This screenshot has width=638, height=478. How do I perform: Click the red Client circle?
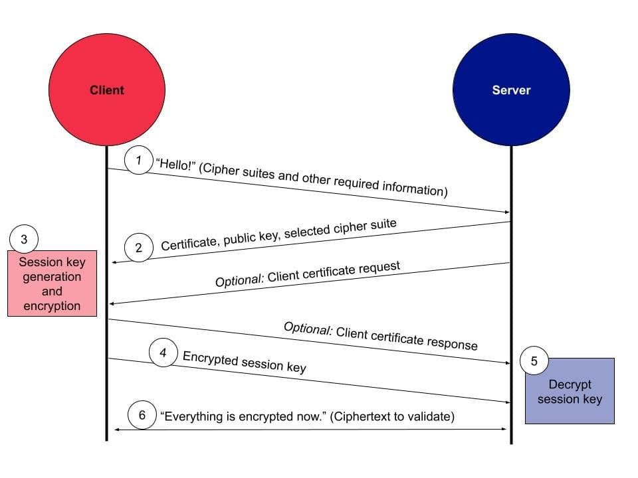coord(106,90)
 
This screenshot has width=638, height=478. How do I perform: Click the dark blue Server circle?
coord(511,90)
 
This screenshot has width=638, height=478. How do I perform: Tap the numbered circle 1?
coord(139,161)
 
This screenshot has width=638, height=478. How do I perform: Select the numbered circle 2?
coord(139,248)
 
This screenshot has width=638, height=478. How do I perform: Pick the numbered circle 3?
coord(25,240)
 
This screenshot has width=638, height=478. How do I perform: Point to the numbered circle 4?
coord(163,353)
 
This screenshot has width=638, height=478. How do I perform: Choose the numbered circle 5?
coord(534,362)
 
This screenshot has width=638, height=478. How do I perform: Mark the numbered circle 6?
coord(142,416)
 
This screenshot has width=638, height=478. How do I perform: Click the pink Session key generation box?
coord(52,283)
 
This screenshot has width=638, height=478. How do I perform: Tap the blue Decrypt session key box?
coord(570,391)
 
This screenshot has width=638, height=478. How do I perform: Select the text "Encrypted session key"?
coord(244,362)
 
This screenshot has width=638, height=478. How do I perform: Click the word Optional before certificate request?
coord(239,280)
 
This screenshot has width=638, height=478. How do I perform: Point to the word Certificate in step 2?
coord(189,244)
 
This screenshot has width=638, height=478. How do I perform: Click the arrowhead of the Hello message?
coord(506,211)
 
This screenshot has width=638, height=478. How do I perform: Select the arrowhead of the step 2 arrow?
coord(115,263)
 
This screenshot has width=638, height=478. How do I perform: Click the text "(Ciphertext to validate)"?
coord(392,417)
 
